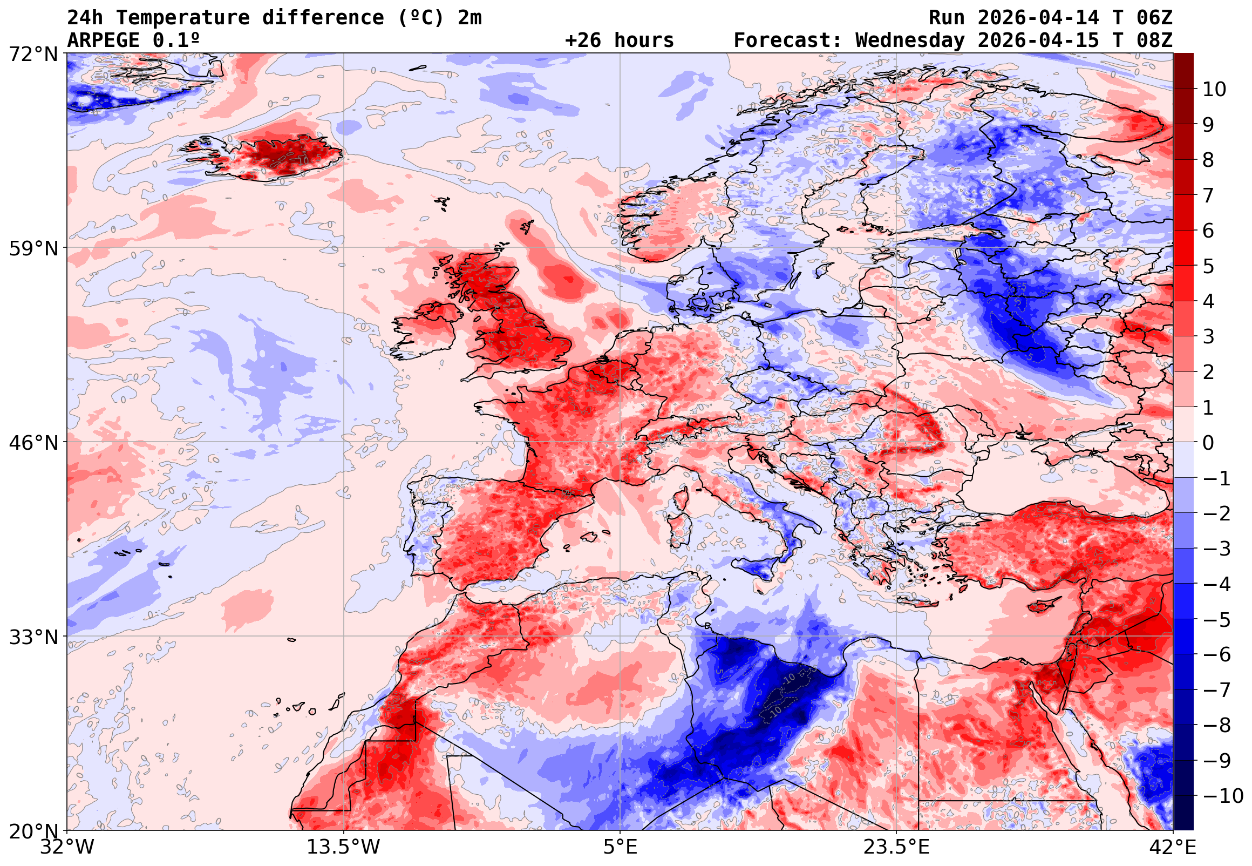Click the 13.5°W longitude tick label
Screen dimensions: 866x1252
pos(344,847)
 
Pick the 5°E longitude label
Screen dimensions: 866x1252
pos(620,847)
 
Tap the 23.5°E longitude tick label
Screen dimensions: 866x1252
pos(896,847)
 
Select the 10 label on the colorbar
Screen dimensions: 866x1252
pos(1214,89)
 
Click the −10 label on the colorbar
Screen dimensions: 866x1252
pos(1223,796)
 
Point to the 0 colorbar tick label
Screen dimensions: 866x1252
pos(1208,443)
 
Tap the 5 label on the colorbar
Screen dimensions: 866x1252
pos(1208,266)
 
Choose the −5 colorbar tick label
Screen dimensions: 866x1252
pos(1217,620)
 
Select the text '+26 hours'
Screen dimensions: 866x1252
pos(619,40)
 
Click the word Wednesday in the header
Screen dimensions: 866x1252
pos(910,40)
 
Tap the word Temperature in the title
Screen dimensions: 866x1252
pos(182,18)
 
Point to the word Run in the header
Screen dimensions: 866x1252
pos(947,18)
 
